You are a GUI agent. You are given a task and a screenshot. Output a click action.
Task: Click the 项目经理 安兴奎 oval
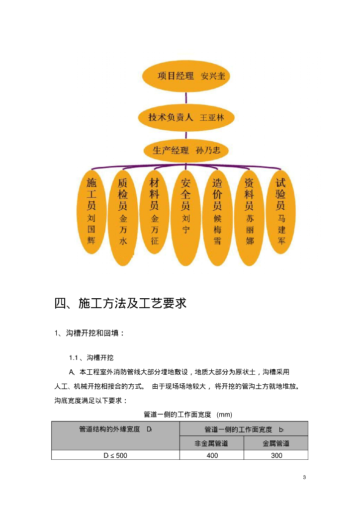(x=186, y=77)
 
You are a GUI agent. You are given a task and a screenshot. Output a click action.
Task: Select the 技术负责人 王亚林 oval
(x=186, y=118)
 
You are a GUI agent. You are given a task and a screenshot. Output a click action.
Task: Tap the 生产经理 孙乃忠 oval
(x=186, y=149)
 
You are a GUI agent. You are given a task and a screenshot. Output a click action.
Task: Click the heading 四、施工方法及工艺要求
(x=120, y=303)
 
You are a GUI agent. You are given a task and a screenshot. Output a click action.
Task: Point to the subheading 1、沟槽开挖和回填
(x=90, y=333)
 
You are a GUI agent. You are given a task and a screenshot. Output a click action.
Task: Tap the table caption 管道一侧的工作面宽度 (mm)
(x=187, y=414)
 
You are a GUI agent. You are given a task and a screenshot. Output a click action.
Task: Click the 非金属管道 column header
(x=211, y=443)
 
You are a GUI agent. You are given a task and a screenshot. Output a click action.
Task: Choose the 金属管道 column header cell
(x=276, y=443)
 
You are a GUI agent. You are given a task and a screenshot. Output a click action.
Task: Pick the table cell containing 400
(x=211, y=455)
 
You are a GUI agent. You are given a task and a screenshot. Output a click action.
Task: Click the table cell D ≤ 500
(x=115, y=455)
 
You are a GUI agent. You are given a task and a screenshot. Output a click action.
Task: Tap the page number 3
(x=304, y=478)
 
